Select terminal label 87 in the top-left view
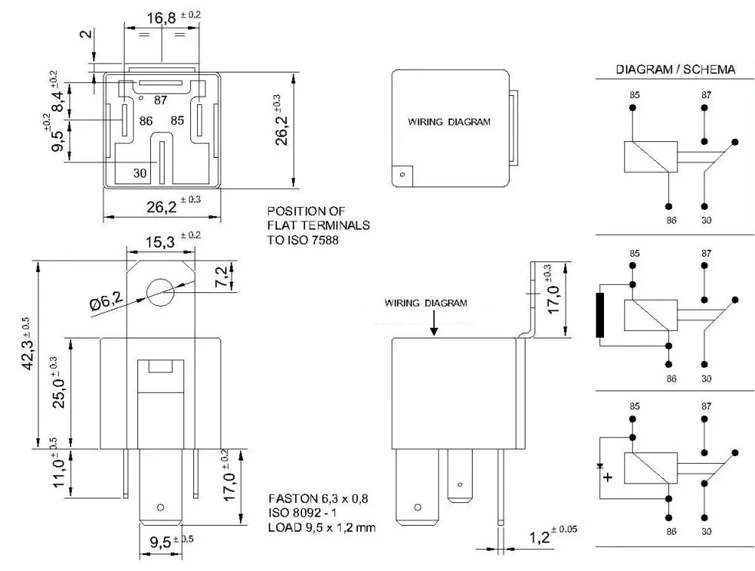pos(161,100)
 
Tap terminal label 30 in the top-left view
pos(140,173)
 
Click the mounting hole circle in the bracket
pos(161,292)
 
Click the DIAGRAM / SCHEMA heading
pos(676,69)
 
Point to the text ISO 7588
pos(304,241)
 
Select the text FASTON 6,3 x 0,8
pos(319,499)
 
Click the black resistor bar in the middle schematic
pos(601,315)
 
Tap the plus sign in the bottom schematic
pos(609,477)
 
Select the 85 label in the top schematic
pos(633,96)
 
